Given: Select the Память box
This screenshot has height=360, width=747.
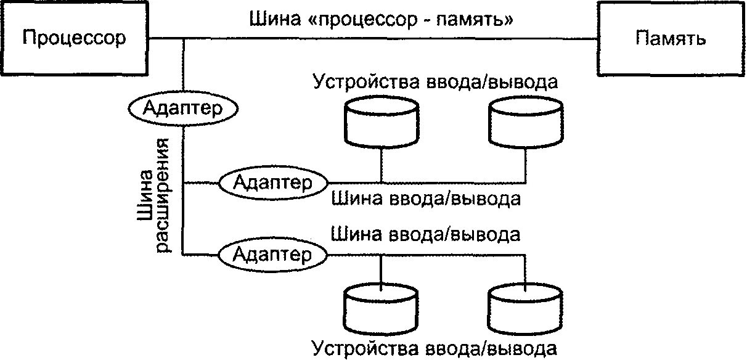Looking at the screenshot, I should click(x=671, y=39).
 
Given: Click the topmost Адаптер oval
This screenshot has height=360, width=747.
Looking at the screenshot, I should click(x=183, y=108).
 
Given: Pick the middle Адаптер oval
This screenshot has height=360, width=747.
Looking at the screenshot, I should click(x=273, y=182).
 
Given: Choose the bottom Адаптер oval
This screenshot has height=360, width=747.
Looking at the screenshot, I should click(x=273, y=253).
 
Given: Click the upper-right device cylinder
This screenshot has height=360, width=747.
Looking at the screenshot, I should click(x=525, y=123).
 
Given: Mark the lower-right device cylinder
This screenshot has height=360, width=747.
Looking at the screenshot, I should click(x=525, y=307).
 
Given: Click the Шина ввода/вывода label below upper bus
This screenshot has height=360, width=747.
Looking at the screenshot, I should click(x=426, y=199).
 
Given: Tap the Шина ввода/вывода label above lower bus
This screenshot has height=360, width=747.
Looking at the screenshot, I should click(x=426, y=235).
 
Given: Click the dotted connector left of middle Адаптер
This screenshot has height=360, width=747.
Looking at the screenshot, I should click(x=201, y=182).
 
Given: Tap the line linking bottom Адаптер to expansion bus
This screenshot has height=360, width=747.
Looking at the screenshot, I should click(x=201, y=253).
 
